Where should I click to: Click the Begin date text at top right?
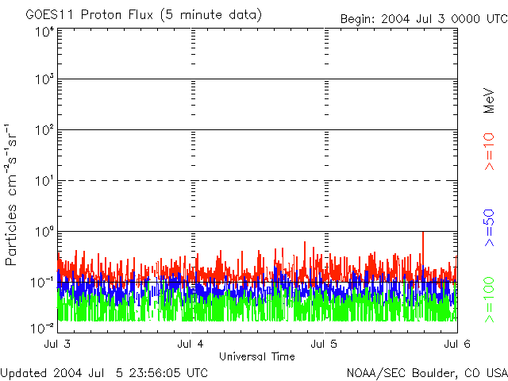tap(422, 19)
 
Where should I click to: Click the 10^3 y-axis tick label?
tap(44, 79)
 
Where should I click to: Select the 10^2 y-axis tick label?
tap(44, 130)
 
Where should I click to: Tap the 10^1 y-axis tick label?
tap(44, 181)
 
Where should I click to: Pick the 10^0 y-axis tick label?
tap(44, 232)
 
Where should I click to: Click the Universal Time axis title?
tap(258, 356)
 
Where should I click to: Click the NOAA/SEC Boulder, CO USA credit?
tap(426, 371)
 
